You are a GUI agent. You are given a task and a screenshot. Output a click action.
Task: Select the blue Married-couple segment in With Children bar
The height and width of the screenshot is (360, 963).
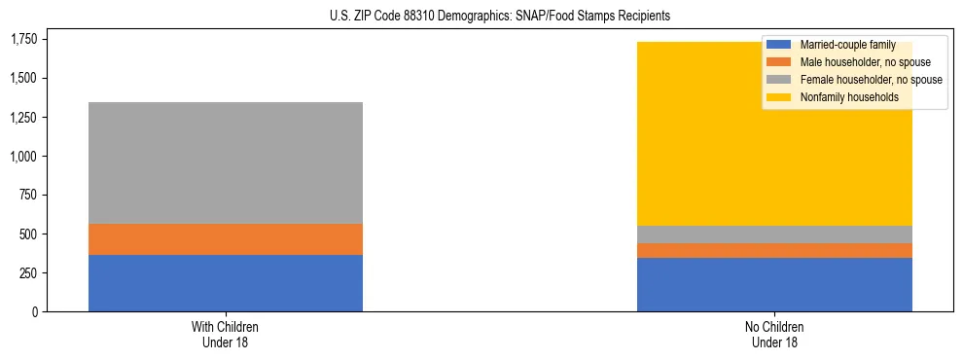tap(226, 283)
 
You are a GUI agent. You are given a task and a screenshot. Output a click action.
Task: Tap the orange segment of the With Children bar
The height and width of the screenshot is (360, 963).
tap(226, 239)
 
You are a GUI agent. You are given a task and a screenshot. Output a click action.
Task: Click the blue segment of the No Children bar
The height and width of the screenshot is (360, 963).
tap(774, 285)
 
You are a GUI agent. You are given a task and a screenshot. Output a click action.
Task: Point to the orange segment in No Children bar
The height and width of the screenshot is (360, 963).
tap(774, 251)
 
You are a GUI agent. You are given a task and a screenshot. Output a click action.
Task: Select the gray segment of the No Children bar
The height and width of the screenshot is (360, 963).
tap(774, 234)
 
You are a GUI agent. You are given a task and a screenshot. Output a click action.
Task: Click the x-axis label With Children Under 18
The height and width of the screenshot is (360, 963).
tap(226, 335)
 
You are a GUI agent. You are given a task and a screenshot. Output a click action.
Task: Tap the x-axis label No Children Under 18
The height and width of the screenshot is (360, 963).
tap(774, 335)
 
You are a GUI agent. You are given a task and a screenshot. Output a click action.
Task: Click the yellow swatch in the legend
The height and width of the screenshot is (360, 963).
tap(780, 97)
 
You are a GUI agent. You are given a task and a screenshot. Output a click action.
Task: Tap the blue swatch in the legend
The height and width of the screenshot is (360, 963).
tap(780, 45)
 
